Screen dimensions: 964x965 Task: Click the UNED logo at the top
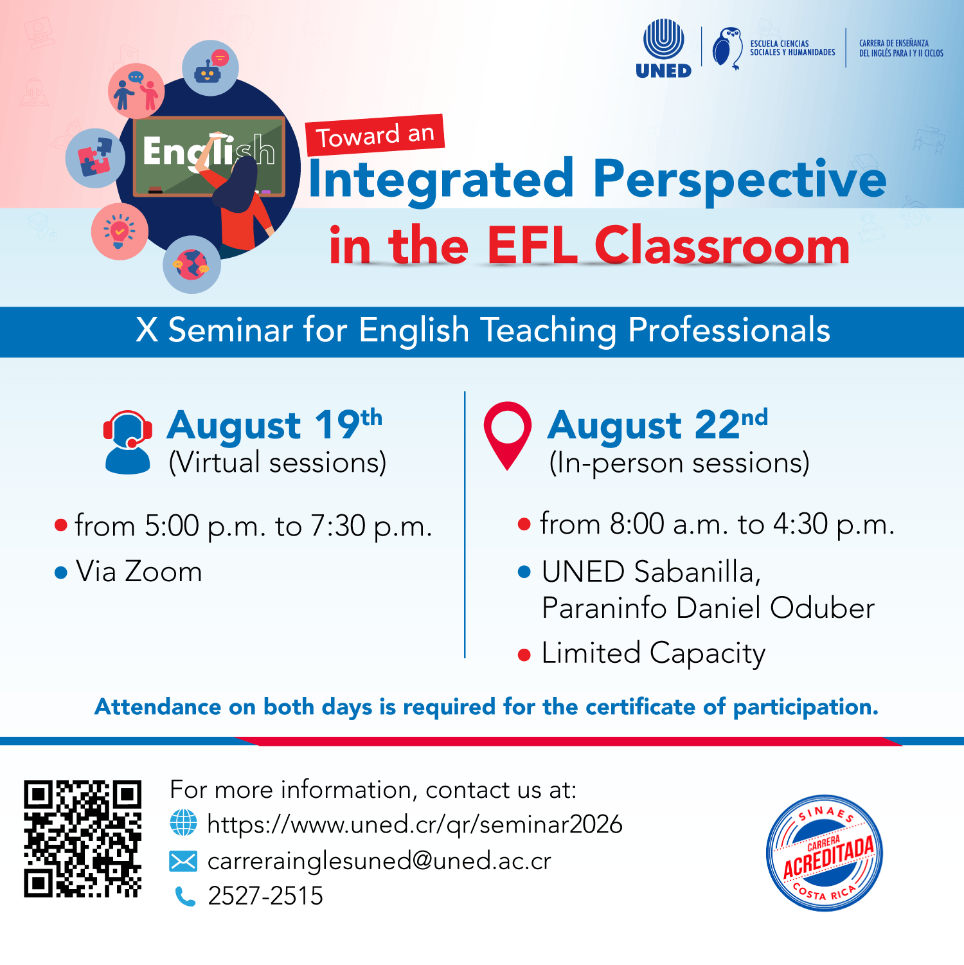click(663, 49)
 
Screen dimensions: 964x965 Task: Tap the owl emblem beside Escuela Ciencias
click(727, 48)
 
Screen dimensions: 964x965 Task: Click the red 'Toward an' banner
click(375, 135)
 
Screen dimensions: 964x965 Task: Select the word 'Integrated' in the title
click(442, 179)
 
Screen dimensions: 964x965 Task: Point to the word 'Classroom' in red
click(722, 246)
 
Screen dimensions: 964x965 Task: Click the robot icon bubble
click(210, 68)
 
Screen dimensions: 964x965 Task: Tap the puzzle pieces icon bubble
click(95, 158)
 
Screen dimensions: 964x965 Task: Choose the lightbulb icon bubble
click(120, 231)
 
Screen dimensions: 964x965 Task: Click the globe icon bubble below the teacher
click(192, 264)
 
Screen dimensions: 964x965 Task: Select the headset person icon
click(128, 442)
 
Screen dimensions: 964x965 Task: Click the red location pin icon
click(508, 435)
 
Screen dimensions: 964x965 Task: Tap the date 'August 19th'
click(274, 425)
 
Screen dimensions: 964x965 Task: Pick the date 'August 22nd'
click(657, 425)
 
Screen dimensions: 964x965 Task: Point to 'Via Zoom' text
click(139, 572)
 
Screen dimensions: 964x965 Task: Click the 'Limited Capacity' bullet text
click(654, 654)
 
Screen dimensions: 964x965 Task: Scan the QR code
click(82, 838)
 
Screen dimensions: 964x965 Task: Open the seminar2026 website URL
click(415, 824)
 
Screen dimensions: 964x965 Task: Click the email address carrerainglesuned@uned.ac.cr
click(379, 861)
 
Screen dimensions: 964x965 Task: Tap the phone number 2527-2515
click(265, 896)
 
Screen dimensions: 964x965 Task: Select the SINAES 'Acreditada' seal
click(825, 853)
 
